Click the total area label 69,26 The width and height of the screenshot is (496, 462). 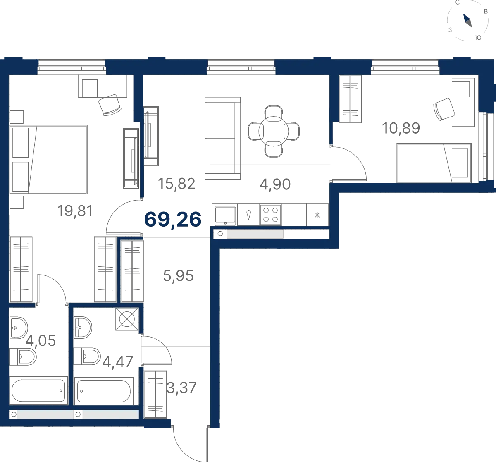pos(173,220)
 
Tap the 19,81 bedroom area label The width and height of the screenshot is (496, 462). pos(75,211)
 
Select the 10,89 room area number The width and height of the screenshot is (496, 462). pos(401,128)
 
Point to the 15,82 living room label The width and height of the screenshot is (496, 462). pos(176,184)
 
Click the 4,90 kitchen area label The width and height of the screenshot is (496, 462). pos(275,184)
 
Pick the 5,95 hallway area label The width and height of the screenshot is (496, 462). pos(178,276)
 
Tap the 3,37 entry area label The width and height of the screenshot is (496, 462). pos(181,388)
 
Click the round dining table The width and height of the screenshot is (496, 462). pos(274,131)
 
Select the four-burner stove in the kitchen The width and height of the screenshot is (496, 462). pos(270,215)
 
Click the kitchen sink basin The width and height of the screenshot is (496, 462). pos(225,215)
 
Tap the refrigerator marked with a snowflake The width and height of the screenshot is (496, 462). pos(317,215)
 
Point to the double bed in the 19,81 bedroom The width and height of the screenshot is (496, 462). pos(48,160)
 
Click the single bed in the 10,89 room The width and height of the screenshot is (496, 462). pos(434,163)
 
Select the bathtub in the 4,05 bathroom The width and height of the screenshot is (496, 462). pos(38,390)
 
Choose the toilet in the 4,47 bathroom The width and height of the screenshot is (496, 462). pos(87,356)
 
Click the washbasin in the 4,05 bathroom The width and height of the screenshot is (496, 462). pos(19,328)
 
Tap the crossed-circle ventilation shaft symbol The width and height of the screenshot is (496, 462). pos(127,319)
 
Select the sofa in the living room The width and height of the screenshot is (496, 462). pos(223,138)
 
